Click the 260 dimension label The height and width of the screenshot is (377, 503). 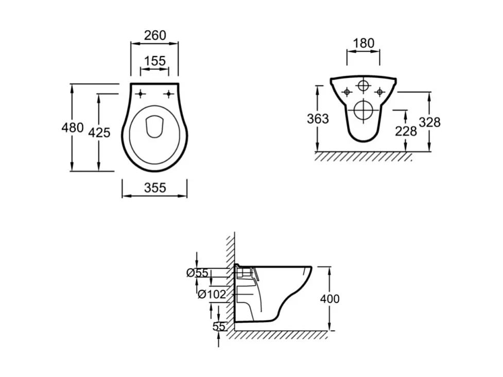155,35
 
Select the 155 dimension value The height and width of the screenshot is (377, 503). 155,61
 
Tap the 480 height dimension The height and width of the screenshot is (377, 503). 73,127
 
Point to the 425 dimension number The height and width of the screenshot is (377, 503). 99,132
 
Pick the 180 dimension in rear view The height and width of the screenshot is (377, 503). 364,43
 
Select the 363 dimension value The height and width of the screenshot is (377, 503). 318,119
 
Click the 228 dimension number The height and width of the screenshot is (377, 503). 406,131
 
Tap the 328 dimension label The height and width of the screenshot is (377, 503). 429,122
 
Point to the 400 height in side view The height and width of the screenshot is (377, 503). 329,299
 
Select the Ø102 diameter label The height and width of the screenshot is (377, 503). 212,295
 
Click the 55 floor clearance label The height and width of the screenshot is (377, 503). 219,326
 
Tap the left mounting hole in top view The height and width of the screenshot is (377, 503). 141,93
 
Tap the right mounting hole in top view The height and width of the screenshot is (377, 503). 168,93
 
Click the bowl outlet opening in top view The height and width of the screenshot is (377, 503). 154,127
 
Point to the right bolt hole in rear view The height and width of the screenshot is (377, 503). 380,92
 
